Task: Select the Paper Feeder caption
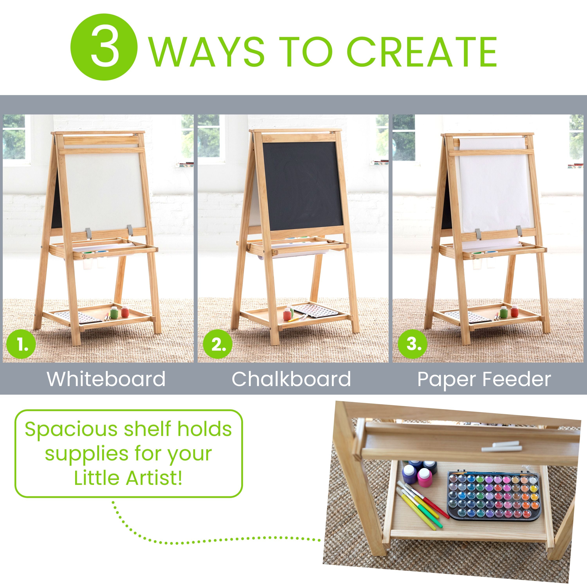[484, 379]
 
